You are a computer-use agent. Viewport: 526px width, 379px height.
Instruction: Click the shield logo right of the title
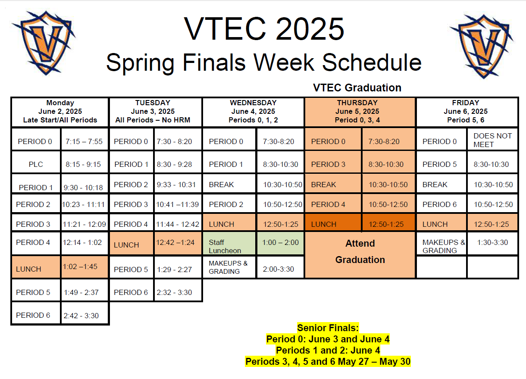pyautogui.click(x=482, y=46)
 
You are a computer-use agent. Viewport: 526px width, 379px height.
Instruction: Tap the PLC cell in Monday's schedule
pyautogui.click(x=36, y=164)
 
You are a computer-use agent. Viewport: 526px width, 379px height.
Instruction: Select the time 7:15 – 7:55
pyautogui.click(x=84, y=141)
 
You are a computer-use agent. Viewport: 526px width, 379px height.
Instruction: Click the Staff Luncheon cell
pyautogui.click(x=229, y=243)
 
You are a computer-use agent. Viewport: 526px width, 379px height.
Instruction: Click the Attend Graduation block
pyautogui.click(x=360, y=255)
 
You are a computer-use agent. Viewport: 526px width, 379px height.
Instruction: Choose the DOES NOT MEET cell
pyautogui.click(x=492, y=140)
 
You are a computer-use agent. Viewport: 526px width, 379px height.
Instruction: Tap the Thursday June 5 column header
pyautogui.click(x=360, y=112)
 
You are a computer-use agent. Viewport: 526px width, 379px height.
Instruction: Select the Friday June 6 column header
pyautogui.click(x=467, y=112)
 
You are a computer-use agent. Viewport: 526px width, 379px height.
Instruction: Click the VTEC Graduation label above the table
pyautogui.click(x=357, y=88)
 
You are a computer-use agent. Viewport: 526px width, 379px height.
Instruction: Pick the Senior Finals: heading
pyautogui.click(x=328, y=328)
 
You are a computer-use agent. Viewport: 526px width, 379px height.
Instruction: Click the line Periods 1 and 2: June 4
pyautogui.click(x=328, y=350)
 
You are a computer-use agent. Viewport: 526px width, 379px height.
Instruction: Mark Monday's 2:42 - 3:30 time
pyautogui.click(x=81, y=315)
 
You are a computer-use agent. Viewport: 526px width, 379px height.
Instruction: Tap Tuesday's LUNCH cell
pyautogui.click(x=131, y=243)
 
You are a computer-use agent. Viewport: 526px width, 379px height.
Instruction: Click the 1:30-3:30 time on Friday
pyautogui.click(x=492, y=242)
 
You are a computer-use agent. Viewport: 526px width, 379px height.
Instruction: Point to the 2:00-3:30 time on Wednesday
pyautogui.click(x=278, y=269)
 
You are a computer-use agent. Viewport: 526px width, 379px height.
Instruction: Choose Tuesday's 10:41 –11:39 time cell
pyautogui.click(x=178, y=204)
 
